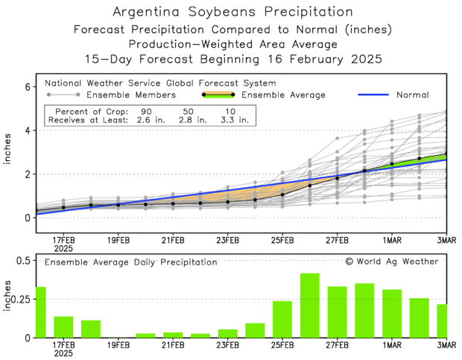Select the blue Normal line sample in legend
coord(379,95)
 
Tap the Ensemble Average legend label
coord(284,95)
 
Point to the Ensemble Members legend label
coord(130,95)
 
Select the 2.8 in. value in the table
coord(190,119)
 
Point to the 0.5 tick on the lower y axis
coord(22,259)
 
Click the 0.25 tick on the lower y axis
coord(20,298)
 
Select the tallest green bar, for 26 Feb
coord(310,306)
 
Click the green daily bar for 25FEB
coord(282,319)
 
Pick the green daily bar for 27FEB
coord(337,312)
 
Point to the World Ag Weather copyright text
coord(391,262)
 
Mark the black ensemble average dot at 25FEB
coord(282,195)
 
